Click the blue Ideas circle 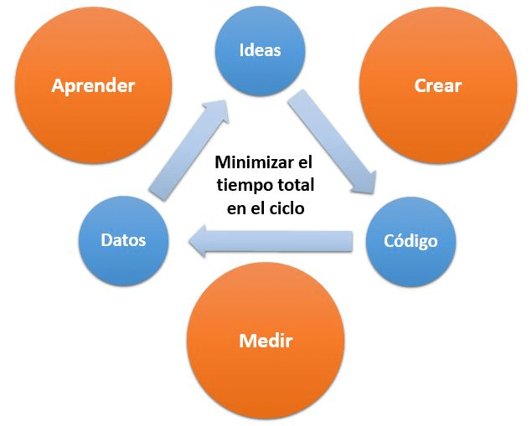261,51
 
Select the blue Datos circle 123,241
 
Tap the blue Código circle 411,242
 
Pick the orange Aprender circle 94,85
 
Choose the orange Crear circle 438,85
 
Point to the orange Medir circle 266,341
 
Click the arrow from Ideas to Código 332,141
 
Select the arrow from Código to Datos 271,241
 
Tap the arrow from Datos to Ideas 189,150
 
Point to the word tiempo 243,186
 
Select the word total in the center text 293,185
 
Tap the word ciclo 286,208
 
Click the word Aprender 93,86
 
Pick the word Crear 437,85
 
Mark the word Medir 266,341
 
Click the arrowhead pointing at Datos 197,241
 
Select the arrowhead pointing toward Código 364,183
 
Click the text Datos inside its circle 123,240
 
